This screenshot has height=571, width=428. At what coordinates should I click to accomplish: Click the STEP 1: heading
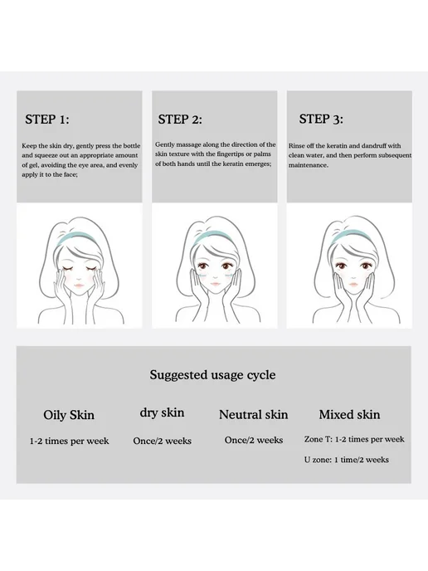pos(47,120)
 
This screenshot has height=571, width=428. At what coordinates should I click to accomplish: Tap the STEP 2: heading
pos(180,120)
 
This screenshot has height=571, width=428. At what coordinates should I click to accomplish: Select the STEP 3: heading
pos(321,119)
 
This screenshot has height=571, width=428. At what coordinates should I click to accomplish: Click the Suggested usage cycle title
pos(212,375)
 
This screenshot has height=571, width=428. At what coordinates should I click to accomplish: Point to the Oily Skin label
pos(69,415)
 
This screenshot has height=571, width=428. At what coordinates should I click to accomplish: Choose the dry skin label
pos(162,413)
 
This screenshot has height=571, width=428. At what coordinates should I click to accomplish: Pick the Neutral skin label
pos(253,414)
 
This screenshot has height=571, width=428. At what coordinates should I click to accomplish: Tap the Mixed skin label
pos(349,414)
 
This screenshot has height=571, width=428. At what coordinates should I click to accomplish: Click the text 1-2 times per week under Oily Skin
pos(69,441)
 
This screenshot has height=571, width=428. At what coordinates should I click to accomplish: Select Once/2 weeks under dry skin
pos(163,441)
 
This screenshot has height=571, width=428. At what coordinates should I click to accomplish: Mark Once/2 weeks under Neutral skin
pos(254,440)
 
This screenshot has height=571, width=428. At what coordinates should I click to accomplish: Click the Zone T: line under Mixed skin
pos(354,439)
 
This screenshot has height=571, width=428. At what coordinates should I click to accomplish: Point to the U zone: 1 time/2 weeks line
pos(347,460)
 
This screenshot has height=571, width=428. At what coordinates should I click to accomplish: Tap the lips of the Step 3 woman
pos(353,284)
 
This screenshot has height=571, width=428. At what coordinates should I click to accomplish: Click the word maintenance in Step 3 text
pos(309,165)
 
